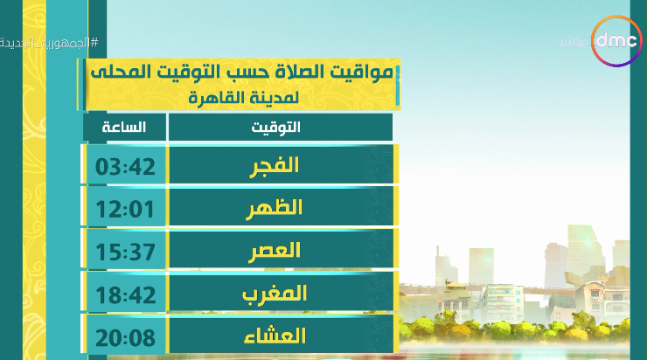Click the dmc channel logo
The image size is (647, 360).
click(x=617, y=41)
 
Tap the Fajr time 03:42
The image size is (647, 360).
click(x=125, y=167)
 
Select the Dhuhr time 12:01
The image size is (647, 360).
click(x=125, y=209)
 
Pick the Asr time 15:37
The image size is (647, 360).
click(x=125, y=252)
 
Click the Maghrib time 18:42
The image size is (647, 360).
click(x=125, y=294)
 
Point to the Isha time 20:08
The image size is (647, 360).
click(x=125, y=338)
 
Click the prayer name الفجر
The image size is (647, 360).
click(x=275, y=166)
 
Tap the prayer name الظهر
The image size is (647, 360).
click(x=275, y=207)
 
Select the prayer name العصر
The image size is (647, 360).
click(x=275, y=251)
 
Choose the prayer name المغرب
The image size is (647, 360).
click(x=275, y=294)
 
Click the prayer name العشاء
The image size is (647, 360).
click(x=275, y=336)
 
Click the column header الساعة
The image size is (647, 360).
click(x=124, y=127)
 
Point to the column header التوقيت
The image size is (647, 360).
click(x=276, y=127)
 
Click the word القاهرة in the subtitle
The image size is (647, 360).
click(x=218, y=98)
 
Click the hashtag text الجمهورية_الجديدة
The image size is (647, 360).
click(x=49, y=43)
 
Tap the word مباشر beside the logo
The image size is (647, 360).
click(x=574, y=42)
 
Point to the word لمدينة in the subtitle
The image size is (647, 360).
click(x=275, y=98)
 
